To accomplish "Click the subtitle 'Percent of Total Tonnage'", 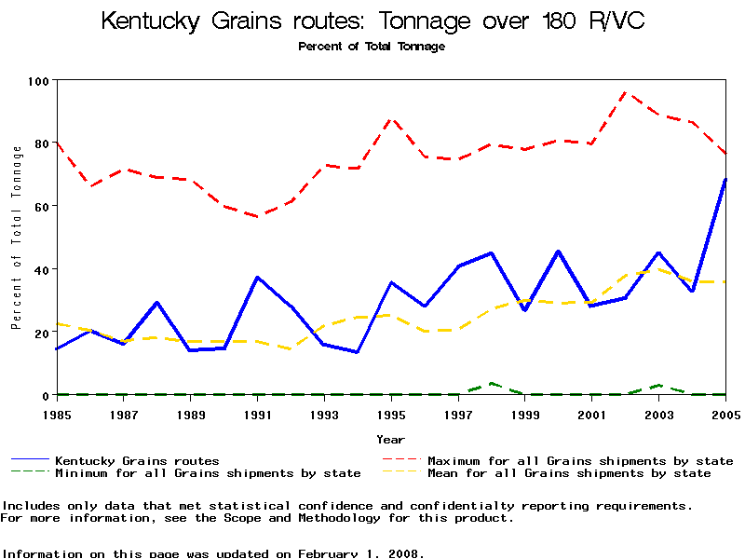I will pos(372,47).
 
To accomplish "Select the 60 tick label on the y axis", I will pos(41,206).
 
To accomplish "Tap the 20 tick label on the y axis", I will pos(41,333).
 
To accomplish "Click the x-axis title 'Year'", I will pos(391,439).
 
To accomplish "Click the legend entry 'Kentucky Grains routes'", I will pos(137,461).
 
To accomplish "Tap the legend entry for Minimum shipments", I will pos(196,473).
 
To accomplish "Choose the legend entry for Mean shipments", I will pos(568,473).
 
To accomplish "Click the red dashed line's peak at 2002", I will pos(626,92).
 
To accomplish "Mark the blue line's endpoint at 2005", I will pos(725,179).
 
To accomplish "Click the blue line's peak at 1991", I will pos(257,278).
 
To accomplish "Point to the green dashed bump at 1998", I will pos(492,383).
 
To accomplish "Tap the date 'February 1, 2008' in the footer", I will pos(361,553).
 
